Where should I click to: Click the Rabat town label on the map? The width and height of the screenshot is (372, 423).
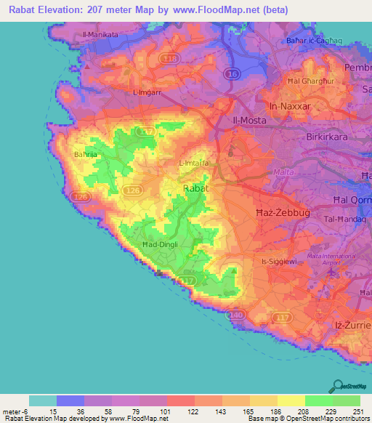pyautogui.click(x=195, y=188)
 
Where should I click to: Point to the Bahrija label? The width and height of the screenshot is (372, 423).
pyautogui.click(x=86, y=154)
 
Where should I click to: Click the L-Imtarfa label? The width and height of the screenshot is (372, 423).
pyautogui.click(x=194, y=164)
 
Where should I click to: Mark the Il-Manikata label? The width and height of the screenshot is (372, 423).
pyautogui.click(x=100, y=34)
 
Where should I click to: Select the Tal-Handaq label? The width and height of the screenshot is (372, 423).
pyautogui.click(x=338, y=219)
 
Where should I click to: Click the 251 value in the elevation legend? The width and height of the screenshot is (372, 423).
pyautogui.click(x=359, y=412)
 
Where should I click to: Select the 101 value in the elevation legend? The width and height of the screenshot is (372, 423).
pyautogui.click(x=166, y=412)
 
